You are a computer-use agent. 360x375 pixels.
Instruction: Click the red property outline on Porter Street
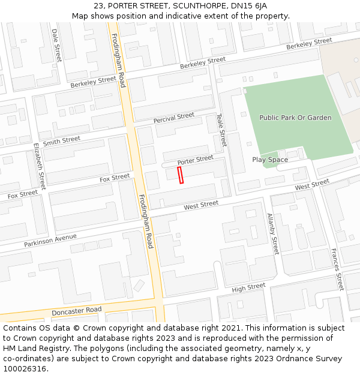click(180, 175)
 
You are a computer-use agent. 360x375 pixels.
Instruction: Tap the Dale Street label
click(57, 45)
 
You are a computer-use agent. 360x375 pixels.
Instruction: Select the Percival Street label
click(173, 118)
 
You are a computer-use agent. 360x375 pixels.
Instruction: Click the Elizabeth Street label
click(40, 166)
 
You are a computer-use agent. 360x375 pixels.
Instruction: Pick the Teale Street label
click(221, 130)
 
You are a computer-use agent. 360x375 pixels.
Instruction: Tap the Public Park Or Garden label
click(295, 118)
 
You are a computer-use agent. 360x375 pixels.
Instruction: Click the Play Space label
click(270, 160)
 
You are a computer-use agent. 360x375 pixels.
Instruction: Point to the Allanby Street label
click(273, 233)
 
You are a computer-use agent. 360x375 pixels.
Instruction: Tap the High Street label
click(248, 287)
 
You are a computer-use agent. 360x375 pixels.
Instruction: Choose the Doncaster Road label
click(76, 311)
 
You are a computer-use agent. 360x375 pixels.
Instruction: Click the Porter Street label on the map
click(195, 160)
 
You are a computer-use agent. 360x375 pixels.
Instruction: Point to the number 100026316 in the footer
click(24, 369)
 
